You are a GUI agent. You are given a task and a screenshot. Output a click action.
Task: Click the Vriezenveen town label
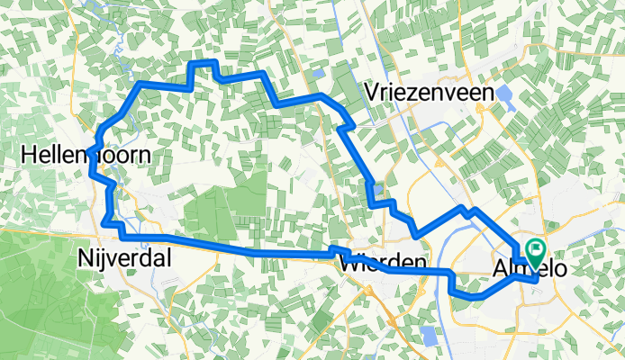(430, 92)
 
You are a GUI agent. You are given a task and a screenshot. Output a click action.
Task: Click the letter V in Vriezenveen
(372, 92)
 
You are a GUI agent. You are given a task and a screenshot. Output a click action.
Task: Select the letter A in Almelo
(500, 269)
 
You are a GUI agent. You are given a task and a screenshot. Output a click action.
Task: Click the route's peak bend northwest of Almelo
(466, 209)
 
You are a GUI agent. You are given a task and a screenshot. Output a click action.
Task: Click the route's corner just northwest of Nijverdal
(106, 221)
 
